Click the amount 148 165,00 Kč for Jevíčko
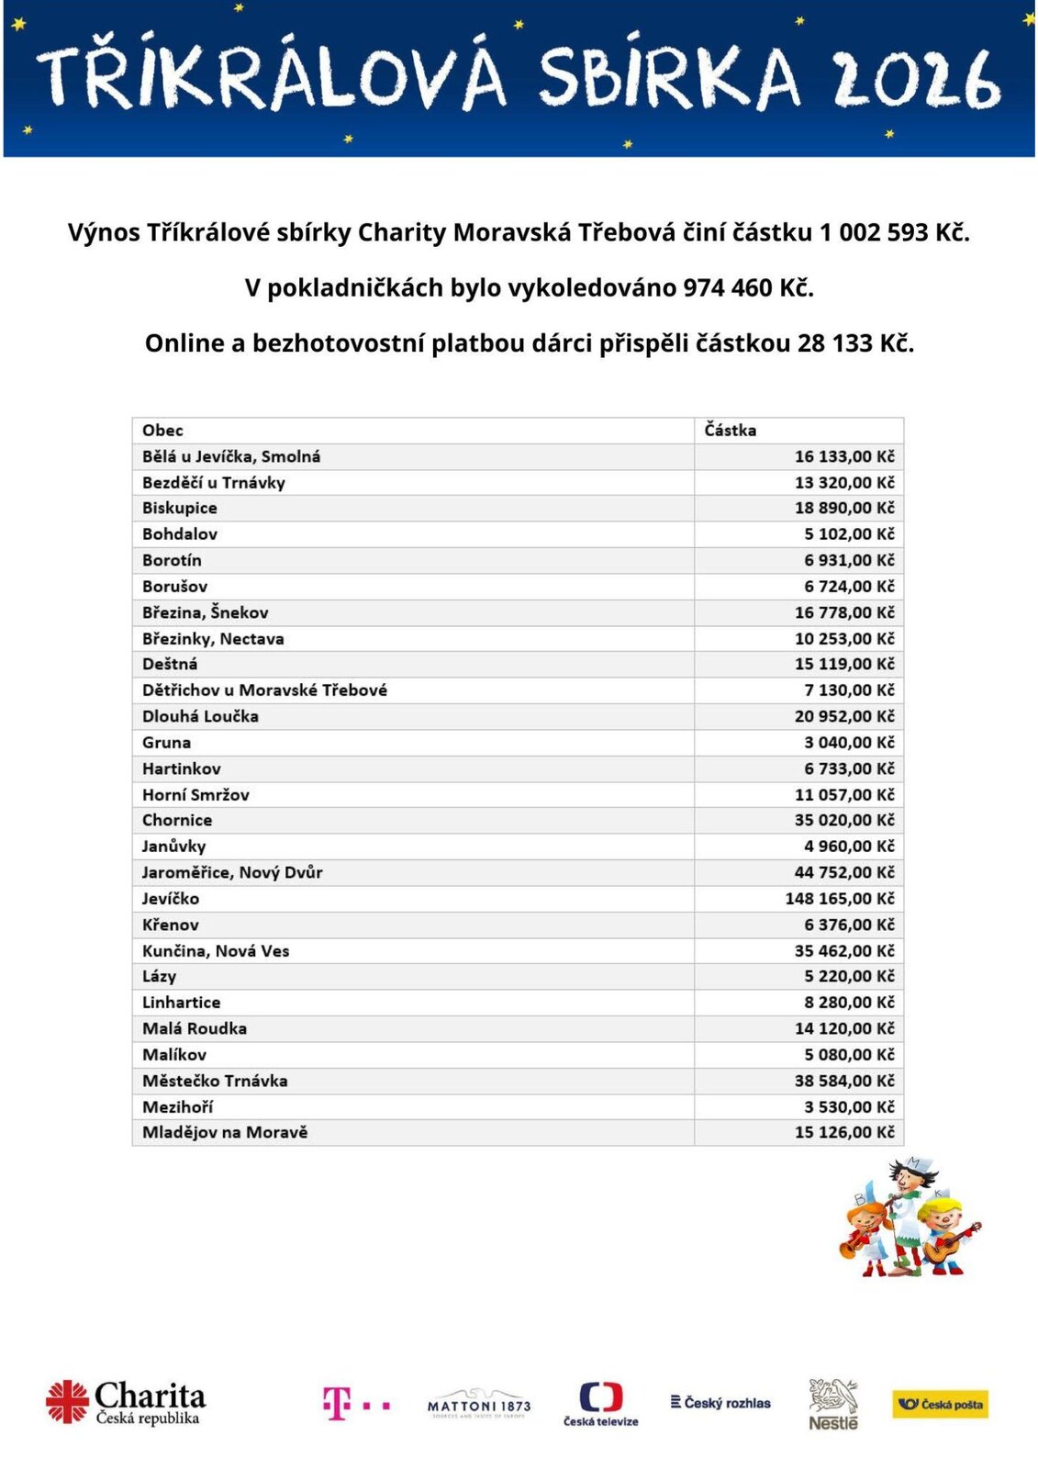tap(839, 899)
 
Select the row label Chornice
tap(177, 821)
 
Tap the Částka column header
tap(731, 431)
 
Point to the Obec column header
tap(162, 431)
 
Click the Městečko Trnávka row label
tap(215, 1082)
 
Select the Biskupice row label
tap(180, 509)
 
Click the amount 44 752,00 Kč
tap(844, 873)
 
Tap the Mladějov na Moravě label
tap(225, 1133)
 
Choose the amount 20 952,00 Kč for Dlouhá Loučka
tap(844, 717)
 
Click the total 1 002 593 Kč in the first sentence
tap(893, 233)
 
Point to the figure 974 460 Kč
tap(747, 288)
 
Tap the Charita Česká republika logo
tap(127, 1403)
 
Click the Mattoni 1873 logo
tap(479, 1405)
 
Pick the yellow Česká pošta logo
tap(940, 1404)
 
